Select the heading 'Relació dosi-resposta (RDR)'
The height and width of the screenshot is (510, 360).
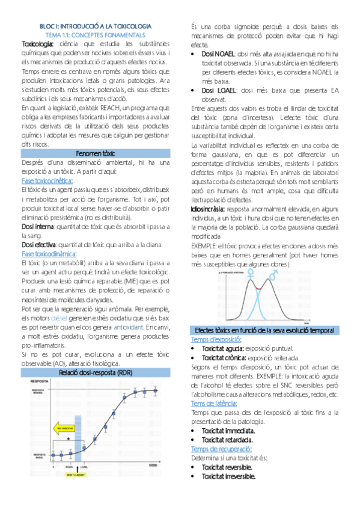coord(96,373)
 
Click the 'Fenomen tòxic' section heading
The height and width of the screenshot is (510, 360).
coord(96,153)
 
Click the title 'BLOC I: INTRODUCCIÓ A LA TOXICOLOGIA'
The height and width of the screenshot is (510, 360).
coord(96,26)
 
